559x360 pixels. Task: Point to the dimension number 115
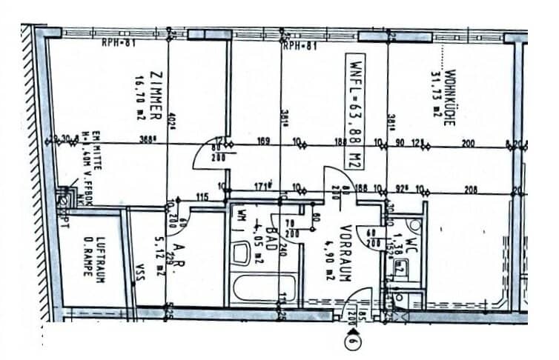click(200, 196)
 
